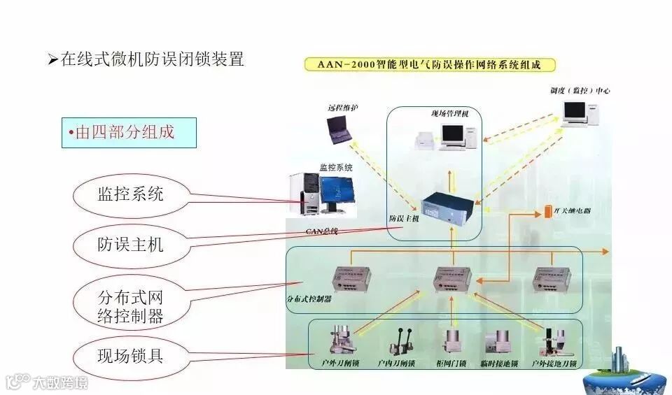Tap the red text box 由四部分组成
(129, 132)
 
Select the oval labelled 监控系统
(131, 194)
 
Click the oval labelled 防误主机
(131, 244)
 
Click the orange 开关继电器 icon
(548, 210)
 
